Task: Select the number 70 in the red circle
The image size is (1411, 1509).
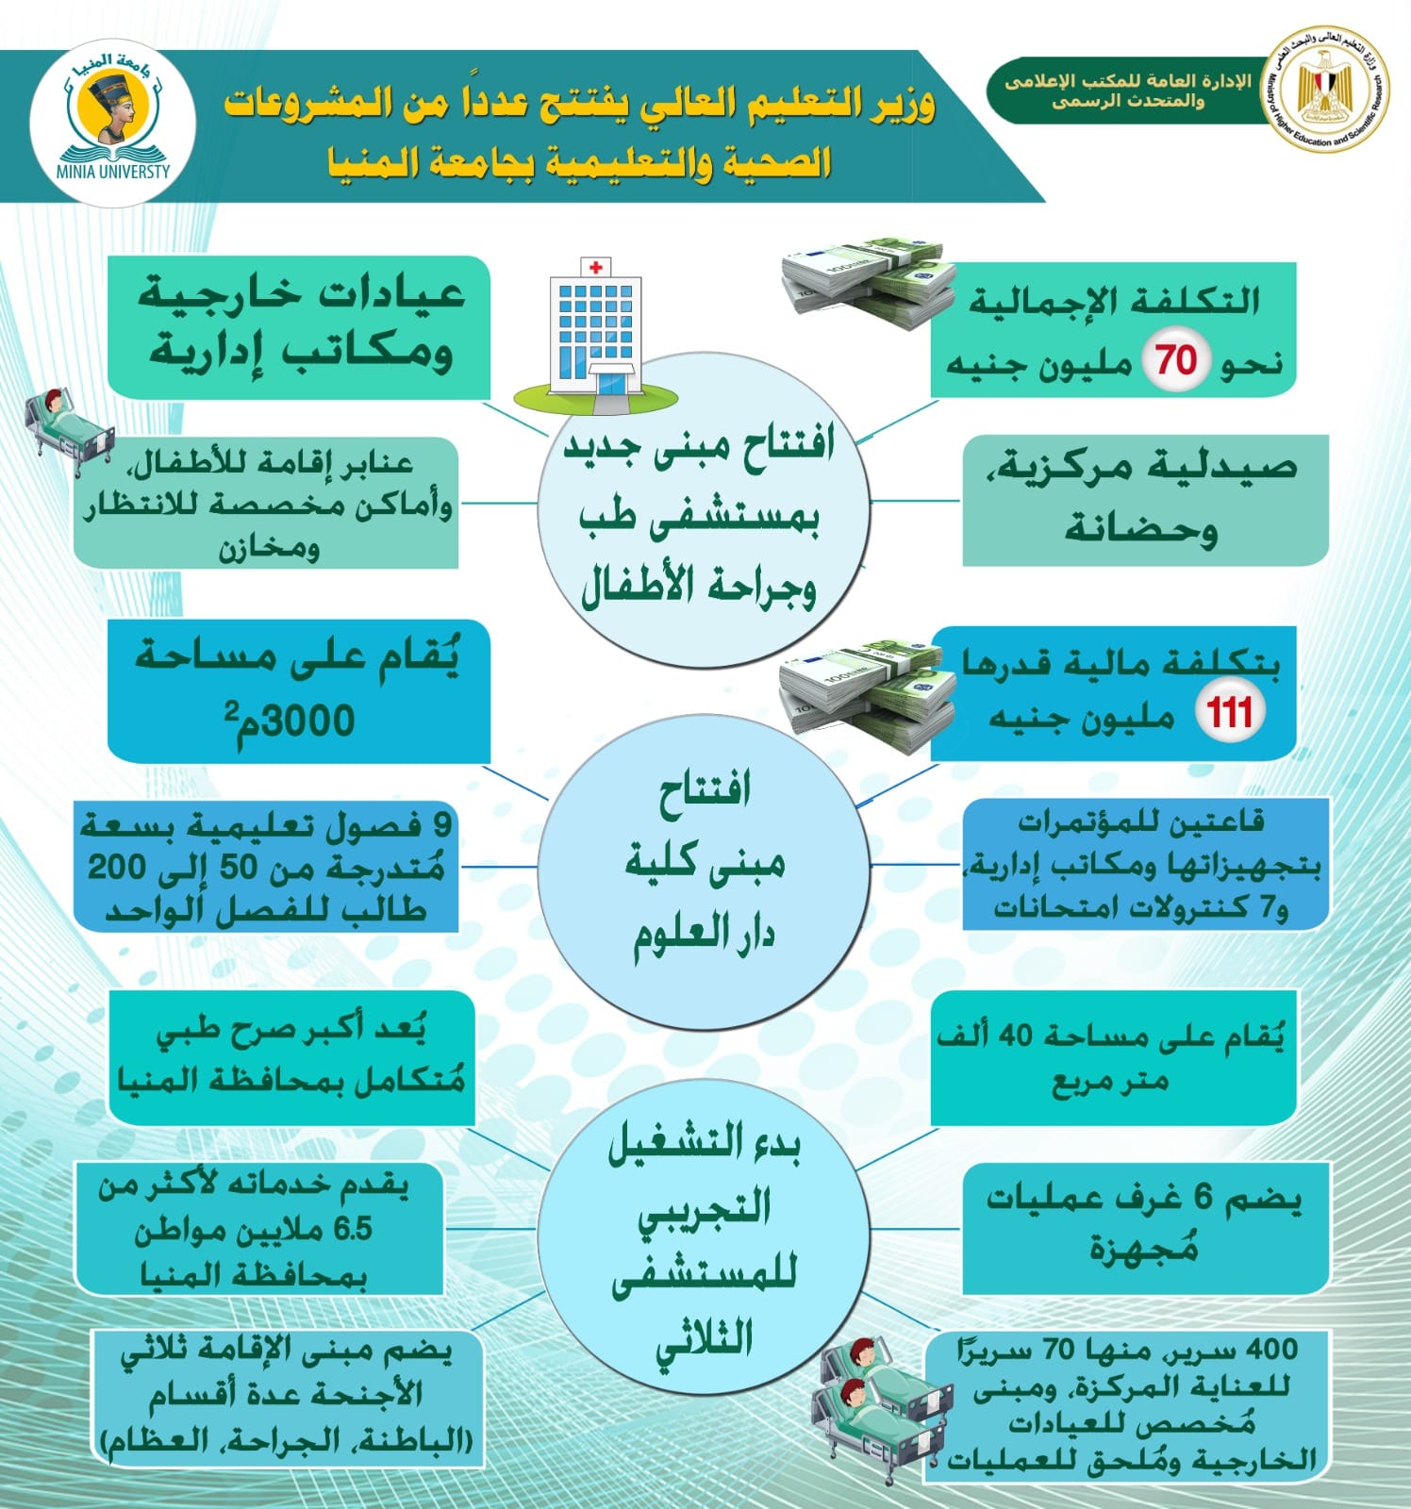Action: (1176, 360)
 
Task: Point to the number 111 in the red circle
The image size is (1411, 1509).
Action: (1231, 710)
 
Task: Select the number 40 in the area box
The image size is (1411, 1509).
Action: (1017, 1036)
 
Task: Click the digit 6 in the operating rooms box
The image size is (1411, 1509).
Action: (1203, 1198)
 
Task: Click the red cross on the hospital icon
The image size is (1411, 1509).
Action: (595, 268)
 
